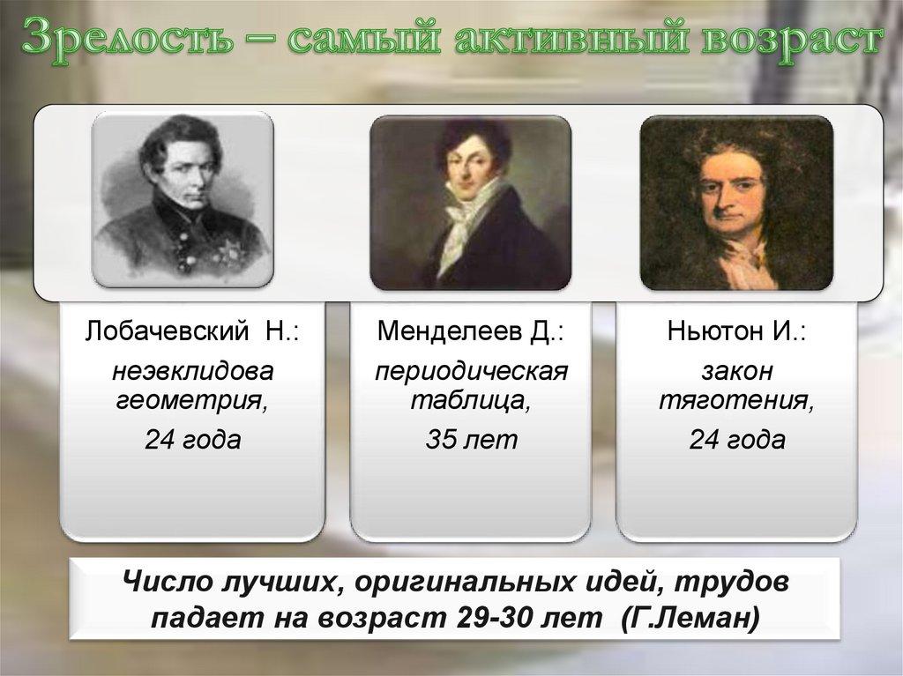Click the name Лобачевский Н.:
click(x=192, y=333)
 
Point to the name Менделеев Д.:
click(x=470, y=333)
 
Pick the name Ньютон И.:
click(x=736, y=333)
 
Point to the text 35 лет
click(x=470, y=440)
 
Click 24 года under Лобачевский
click(x=192, y=440)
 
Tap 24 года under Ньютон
click(x=736, y=440)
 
